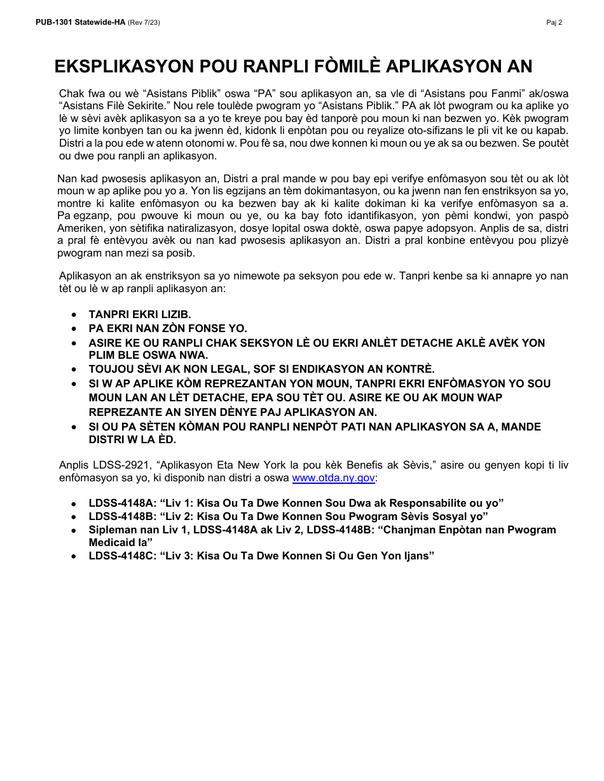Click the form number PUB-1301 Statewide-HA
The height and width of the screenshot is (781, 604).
80,22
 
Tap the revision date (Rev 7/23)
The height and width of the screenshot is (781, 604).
144,22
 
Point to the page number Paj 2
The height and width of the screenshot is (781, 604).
554,22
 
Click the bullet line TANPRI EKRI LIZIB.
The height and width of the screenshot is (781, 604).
139,314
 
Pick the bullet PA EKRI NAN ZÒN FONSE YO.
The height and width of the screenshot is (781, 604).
168,328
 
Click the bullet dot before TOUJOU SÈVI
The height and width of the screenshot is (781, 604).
76,369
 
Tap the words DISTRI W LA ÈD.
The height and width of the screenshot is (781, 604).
132,439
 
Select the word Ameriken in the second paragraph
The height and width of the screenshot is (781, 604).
78,228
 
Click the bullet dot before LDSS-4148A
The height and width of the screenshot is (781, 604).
76,504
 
